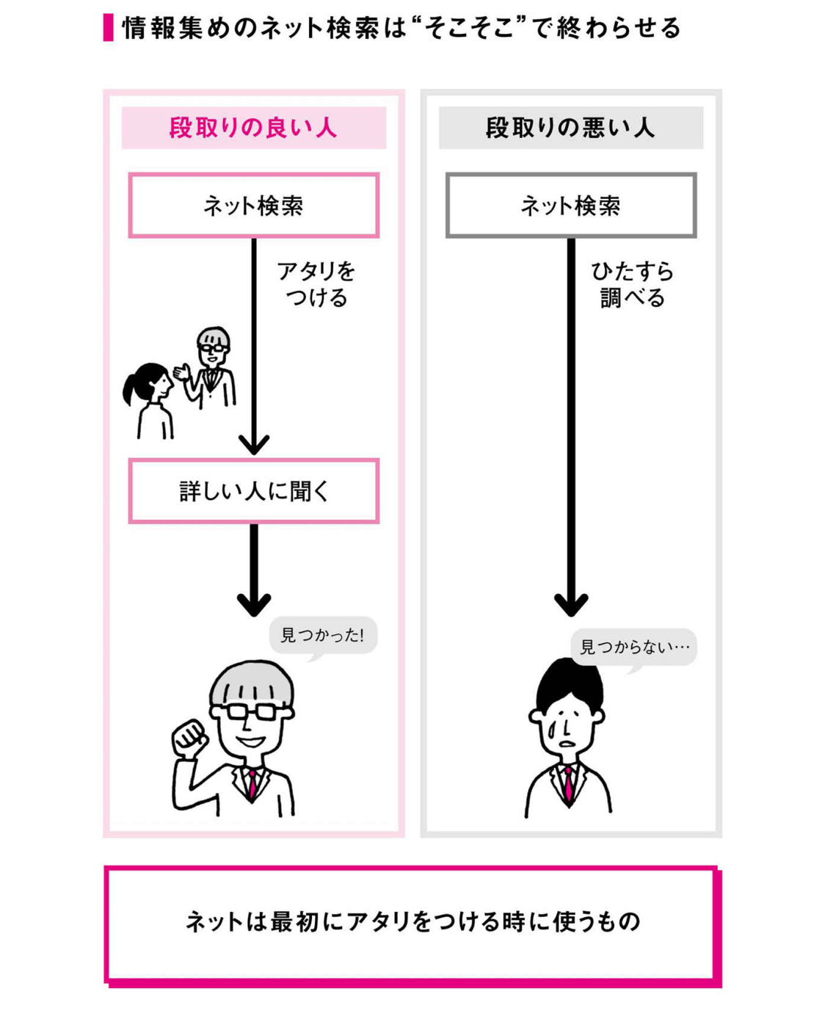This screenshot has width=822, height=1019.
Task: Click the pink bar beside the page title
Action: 109,28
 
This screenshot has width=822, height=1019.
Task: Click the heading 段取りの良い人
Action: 253,128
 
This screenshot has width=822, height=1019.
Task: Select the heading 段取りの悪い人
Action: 570,128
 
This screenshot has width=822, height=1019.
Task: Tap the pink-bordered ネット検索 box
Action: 253,206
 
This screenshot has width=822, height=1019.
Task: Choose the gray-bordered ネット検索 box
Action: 570,206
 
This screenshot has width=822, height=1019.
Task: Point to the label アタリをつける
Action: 316,285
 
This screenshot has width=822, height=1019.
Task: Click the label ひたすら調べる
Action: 633,285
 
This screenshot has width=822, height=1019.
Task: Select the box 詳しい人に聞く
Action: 253,491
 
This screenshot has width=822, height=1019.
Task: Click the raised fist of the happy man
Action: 189,738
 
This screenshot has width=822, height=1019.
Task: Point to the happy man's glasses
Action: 252,711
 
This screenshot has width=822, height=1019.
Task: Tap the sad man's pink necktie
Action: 568,783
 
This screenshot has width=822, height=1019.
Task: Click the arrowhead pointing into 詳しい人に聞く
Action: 254,444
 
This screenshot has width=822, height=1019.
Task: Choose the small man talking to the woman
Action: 211,367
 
